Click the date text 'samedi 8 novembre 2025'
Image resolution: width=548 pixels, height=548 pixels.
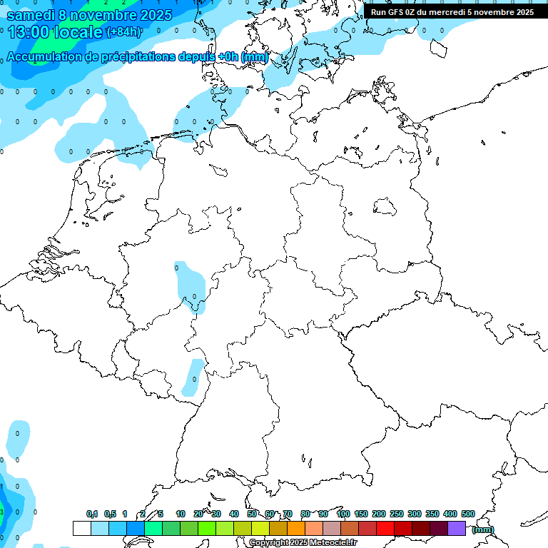click(89, 14)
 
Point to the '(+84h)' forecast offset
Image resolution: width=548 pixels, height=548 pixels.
click(123, 32)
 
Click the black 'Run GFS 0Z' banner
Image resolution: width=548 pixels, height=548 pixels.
click(452, 11)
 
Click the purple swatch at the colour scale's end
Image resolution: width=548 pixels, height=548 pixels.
click(457, 528)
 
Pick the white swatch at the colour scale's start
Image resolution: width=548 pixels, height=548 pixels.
click(82, 528)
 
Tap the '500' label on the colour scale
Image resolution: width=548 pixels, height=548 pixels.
click(468, 514)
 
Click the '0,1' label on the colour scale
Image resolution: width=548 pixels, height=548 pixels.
click(92, 514)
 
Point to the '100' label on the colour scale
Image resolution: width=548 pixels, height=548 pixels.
click(342, 514)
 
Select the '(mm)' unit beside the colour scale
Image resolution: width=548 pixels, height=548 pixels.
click(483, 529)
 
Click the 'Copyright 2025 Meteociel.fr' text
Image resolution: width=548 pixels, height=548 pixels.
click(303, 543)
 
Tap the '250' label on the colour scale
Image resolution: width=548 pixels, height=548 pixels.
click(397, 514)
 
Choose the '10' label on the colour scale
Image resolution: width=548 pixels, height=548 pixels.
click(181, 514)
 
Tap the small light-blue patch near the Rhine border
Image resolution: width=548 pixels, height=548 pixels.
click(192, 377)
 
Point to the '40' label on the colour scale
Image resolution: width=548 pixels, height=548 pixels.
click(234, 514)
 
